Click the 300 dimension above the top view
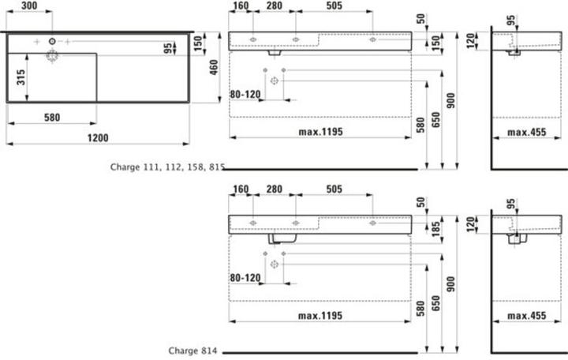29,6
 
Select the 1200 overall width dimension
98,138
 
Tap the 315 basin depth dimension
21,77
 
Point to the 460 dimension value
214,67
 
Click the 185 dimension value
435,229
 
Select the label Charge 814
192,351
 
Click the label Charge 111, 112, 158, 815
167,167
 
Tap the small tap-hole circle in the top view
52,41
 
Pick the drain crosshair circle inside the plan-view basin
52,56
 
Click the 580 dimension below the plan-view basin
52,118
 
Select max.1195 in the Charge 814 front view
320,316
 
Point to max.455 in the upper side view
527,133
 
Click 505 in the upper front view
334,6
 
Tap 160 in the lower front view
241,189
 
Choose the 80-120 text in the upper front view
245,94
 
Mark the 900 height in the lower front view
450,284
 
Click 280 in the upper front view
275,6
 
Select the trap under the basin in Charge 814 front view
282,238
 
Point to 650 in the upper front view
435,120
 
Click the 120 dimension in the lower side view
470,224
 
